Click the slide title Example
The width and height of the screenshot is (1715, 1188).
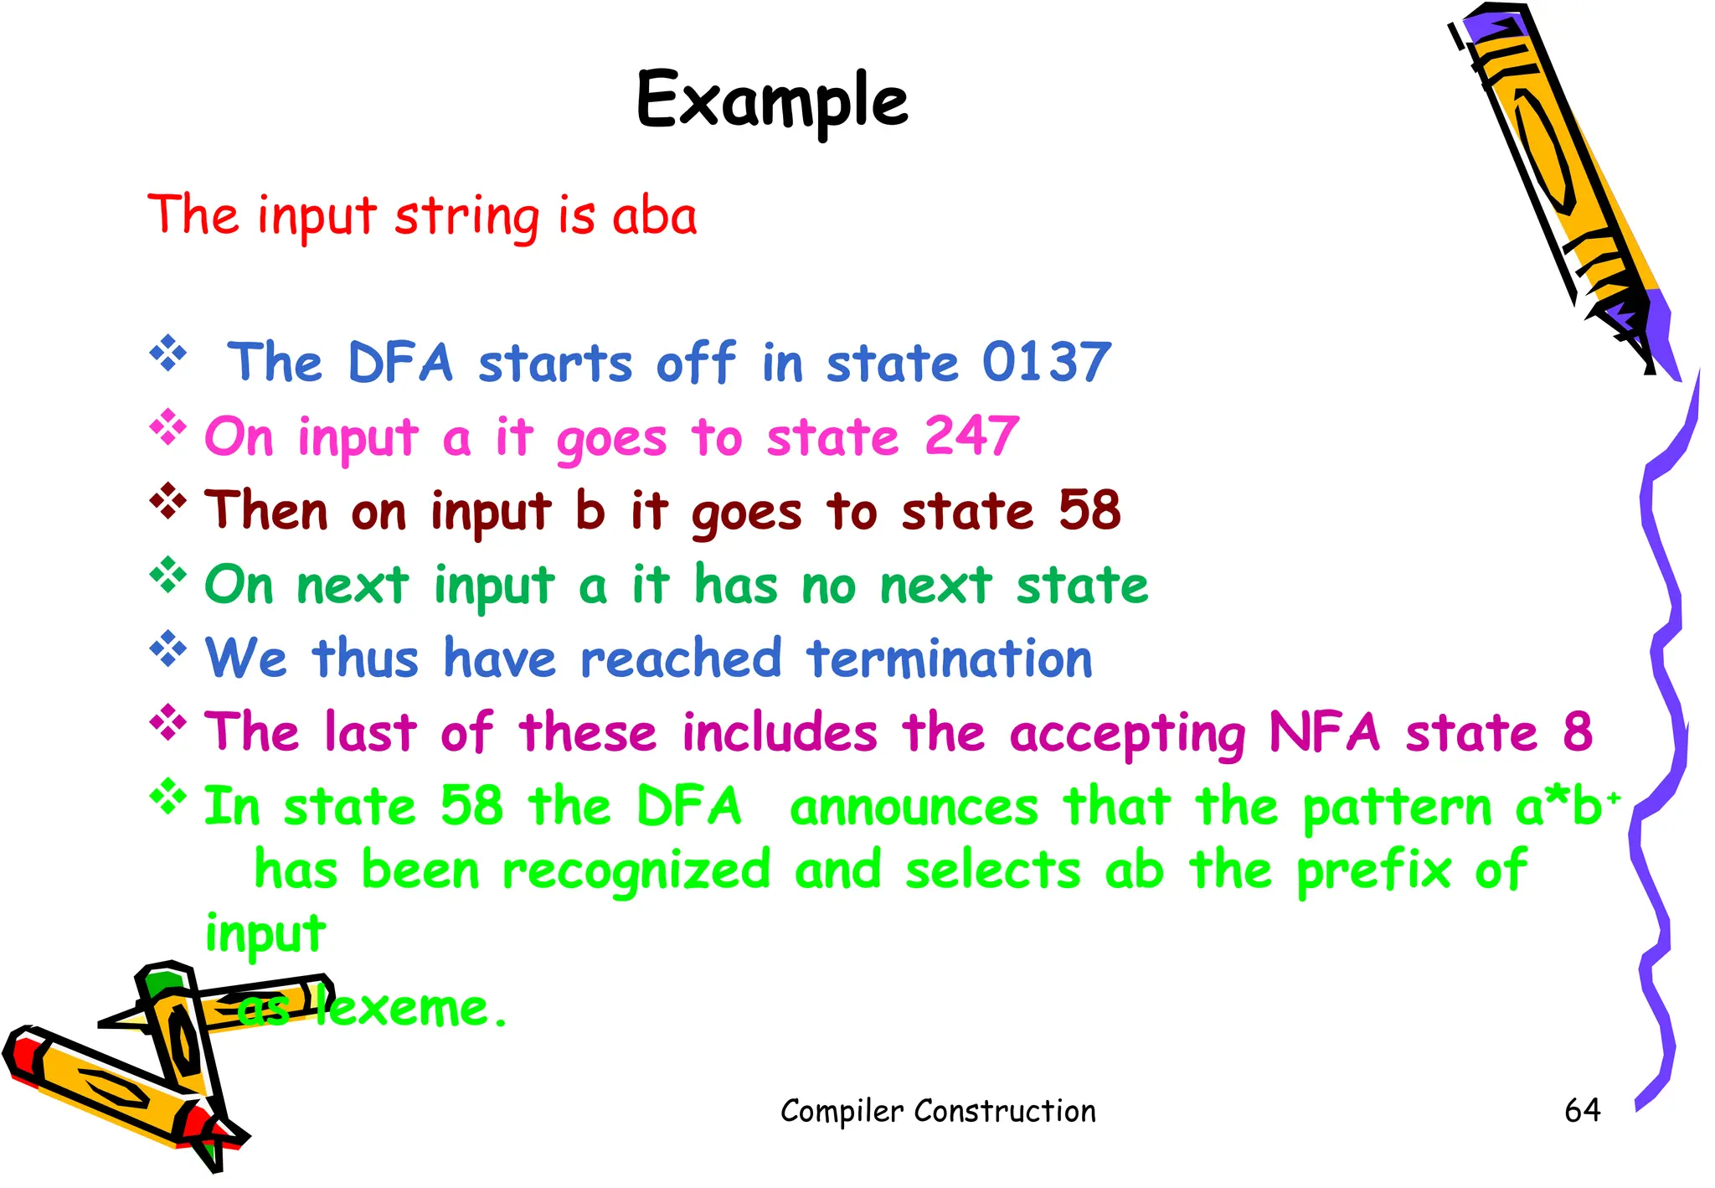tap(772, 101)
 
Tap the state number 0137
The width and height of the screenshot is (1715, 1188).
tap(1047, 362)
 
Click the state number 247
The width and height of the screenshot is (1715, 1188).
tap(971, 436)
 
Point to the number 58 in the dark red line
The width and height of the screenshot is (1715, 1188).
tap(1089, 509)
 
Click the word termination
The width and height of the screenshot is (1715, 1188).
tap(950, 659)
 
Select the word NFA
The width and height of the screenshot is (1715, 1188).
tap(1324, 731)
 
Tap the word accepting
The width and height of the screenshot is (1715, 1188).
tap(1128, 734)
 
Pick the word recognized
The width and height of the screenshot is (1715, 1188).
tap(636, 871)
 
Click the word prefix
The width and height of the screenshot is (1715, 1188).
tap(1373, 871)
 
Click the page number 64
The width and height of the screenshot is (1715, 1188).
tap(1582, 1110)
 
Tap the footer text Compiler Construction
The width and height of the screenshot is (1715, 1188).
tap(938, 1111)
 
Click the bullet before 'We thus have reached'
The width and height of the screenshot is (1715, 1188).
tap(168, 648)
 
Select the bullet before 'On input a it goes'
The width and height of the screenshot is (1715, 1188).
tap(168, 427)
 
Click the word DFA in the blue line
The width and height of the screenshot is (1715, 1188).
tap(400, 362)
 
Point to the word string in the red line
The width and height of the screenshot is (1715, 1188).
tap(467, 216)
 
